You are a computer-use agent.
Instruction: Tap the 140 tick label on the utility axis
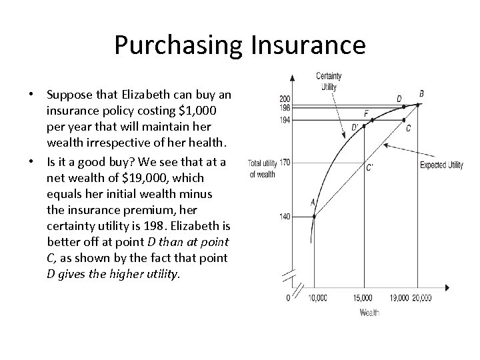pyautogui.click(x=285, y=217)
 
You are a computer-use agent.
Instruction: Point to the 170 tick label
pyautogui.click(x=285, y=162)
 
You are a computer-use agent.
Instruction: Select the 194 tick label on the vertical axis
pyautogui.click(x=285, y=120)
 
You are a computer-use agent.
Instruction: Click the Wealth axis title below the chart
pyautogui.click(x=369, y=313)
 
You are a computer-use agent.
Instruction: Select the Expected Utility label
pyautogui.click(x=440, y=165)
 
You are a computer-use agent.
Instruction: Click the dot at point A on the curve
pyautogui.click(x=313, y=216)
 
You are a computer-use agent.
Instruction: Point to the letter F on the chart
pyautogui.click(x=365, y=113)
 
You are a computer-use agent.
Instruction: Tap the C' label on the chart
pyautogui.click(x=370, y=167)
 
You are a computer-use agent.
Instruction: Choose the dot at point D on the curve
pyautogui.click(x=403, y=107)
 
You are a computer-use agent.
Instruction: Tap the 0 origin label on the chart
pyautogui.click(x=288, y=298)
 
